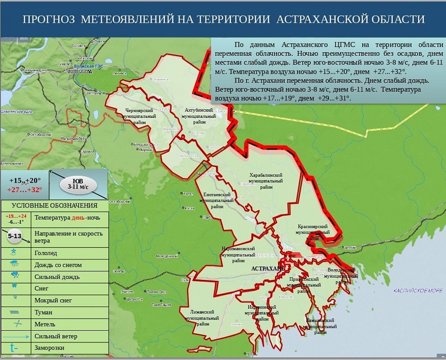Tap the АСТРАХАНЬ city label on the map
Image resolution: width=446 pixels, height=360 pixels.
coord(268,268)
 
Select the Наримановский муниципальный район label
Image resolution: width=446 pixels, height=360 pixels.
coord(238,254)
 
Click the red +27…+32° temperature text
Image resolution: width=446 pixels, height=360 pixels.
coord(24,189)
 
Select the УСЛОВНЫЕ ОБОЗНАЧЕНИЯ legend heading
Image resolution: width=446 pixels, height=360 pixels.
coord(54,206)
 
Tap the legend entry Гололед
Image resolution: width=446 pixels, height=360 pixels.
coord(46,253)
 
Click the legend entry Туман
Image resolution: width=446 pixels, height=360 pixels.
coord(43,312)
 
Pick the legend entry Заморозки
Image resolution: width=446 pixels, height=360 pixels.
coord(49,348)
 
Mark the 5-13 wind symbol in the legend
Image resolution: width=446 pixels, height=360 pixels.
coord(15,236)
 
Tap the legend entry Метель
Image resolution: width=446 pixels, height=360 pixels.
coord(45,324)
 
